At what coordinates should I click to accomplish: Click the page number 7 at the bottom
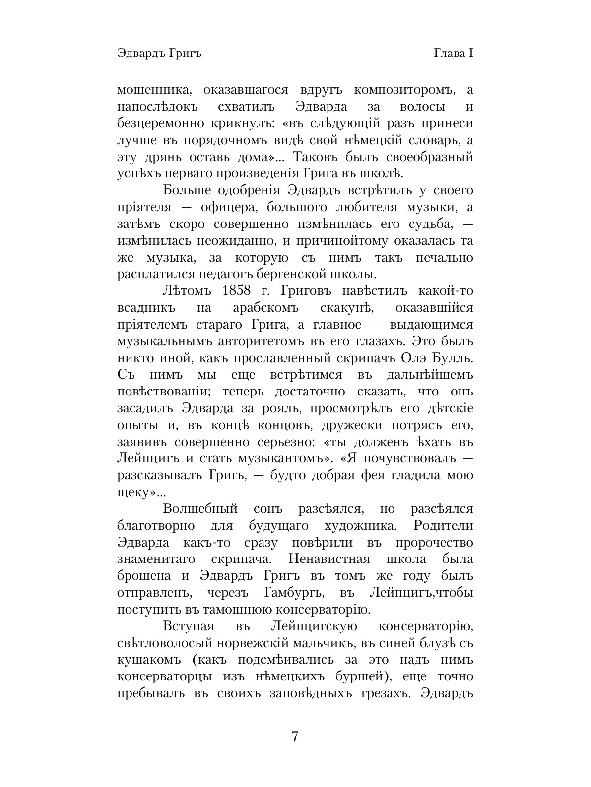(295, 736)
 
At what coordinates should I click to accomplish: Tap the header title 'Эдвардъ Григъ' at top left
(159, 53)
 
